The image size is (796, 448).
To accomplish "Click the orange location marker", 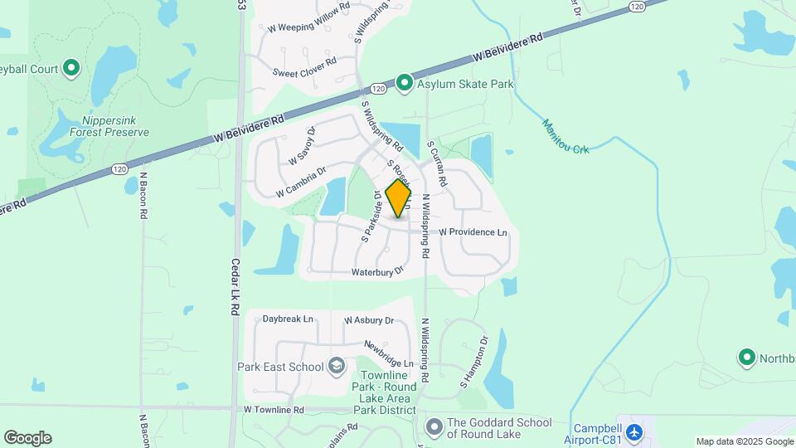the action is coord(399,199).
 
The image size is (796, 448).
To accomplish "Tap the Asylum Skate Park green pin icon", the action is coord(404,83).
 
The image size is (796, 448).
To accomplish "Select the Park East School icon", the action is coord(337,365).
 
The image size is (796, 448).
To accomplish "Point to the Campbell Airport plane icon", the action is coord(634,432).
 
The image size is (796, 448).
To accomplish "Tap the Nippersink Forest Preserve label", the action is coord(109,126).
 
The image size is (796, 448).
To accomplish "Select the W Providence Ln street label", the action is coord(473,232).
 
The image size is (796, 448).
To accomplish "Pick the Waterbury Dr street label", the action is coord(376,271).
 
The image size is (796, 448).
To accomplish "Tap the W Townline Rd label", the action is coord(274,410).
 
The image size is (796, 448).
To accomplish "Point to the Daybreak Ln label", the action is coord(288,319).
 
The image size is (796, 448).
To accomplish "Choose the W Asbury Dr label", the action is coord(368,319).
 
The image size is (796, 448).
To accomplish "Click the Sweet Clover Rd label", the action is coord(304,62).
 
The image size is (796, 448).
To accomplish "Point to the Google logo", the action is coord(27,438).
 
